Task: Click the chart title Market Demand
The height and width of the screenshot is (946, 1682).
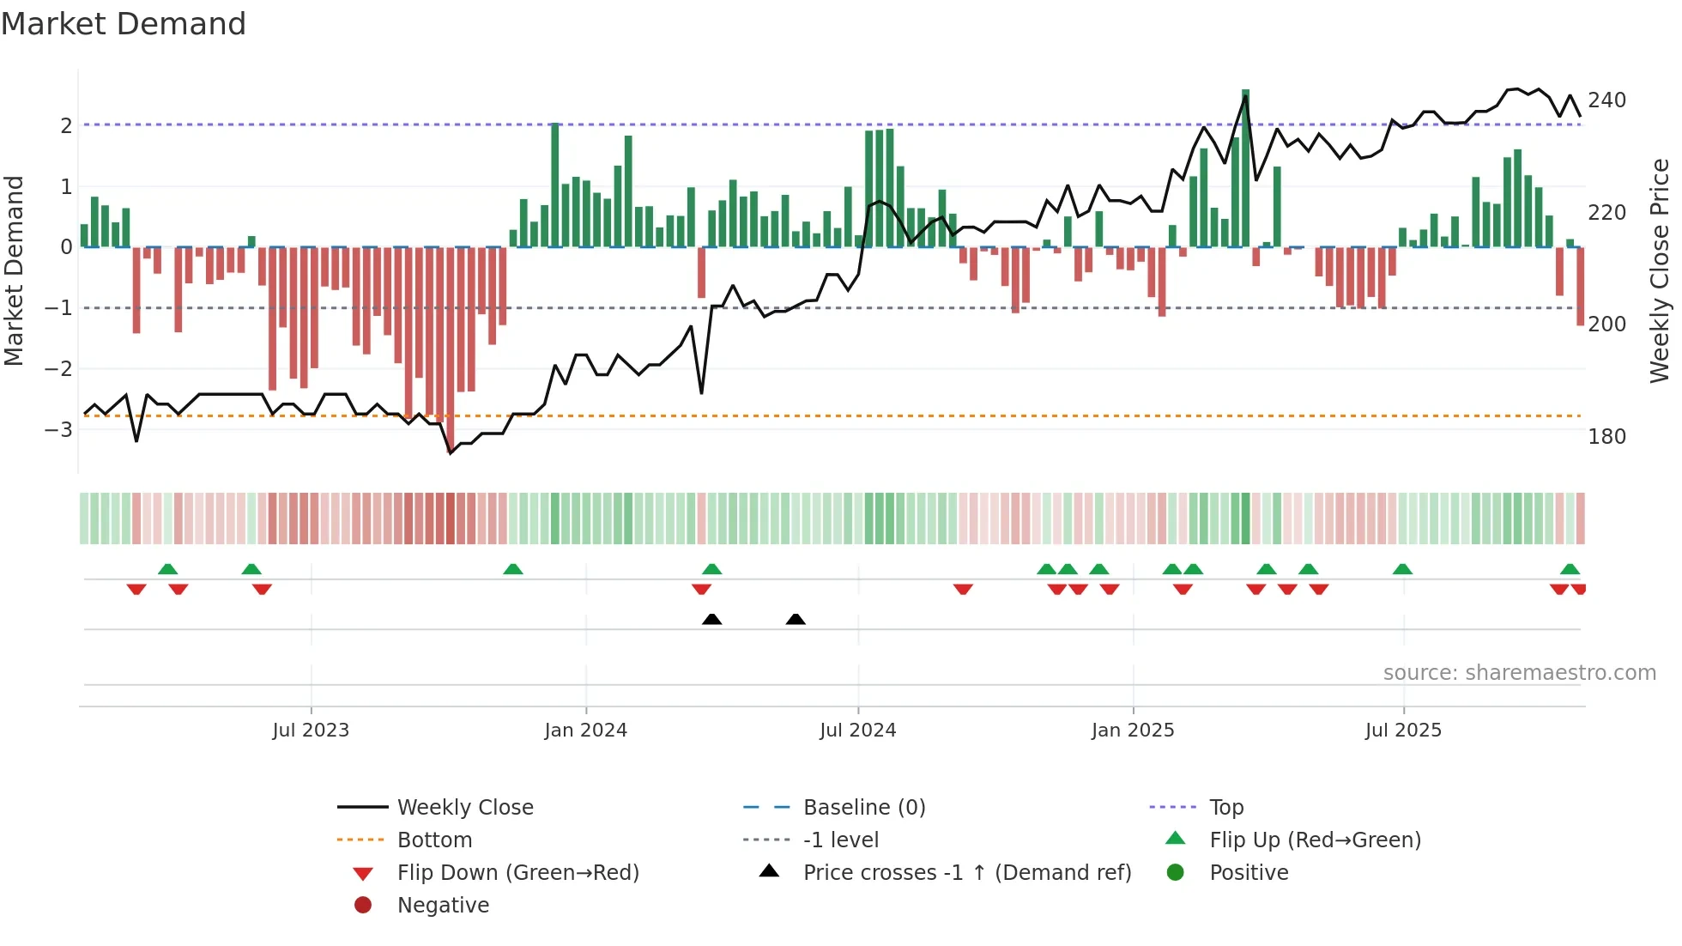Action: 124,24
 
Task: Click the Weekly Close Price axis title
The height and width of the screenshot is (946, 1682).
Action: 1660,270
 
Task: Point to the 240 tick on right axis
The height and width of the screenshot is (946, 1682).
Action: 1606,100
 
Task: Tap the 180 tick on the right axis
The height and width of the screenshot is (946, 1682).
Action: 1606,437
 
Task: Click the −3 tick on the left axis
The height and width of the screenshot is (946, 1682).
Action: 59,429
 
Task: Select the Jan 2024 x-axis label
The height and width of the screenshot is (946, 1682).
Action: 585,731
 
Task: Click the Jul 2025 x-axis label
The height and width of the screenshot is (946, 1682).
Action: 1403,731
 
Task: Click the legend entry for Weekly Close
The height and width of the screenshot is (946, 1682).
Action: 464,808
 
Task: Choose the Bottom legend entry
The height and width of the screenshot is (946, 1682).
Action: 434,840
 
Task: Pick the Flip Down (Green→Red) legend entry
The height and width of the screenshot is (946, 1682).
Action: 517,873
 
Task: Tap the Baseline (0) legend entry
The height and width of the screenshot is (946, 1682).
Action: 863,808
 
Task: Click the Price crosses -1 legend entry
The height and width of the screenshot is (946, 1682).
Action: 966,873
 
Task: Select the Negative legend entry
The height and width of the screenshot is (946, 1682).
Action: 443,906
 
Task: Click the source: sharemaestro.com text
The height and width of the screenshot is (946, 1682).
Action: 1519,673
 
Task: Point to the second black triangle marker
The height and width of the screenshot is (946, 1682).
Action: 796,619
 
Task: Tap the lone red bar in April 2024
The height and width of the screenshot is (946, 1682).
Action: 701,272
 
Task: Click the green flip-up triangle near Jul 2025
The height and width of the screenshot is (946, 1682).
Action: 1402,569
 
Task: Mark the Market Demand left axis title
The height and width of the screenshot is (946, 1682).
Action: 14,270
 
